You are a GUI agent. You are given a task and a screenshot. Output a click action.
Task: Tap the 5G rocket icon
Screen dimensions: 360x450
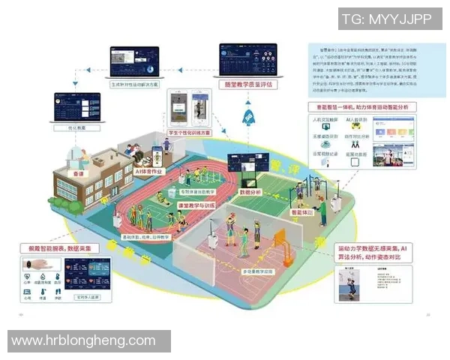pyautogui.click(x=248, y=118)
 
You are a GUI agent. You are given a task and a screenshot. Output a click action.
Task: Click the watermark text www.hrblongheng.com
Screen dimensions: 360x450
pyautogui.click(x=83, y=340)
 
